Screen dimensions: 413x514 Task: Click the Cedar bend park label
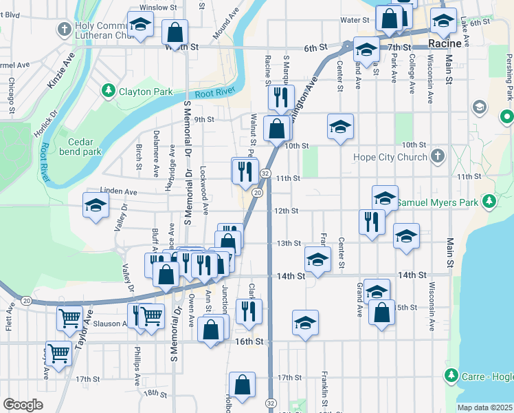(80, 147)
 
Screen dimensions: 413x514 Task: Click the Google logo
(23, 405)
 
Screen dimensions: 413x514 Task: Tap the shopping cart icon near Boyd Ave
(59, 353)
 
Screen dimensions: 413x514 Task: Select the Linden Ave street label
(119, 191)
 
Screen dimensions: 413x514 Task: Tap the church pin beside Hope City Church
(438, 157)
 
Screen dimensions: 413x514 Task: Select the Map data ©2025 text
(484, 407)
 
